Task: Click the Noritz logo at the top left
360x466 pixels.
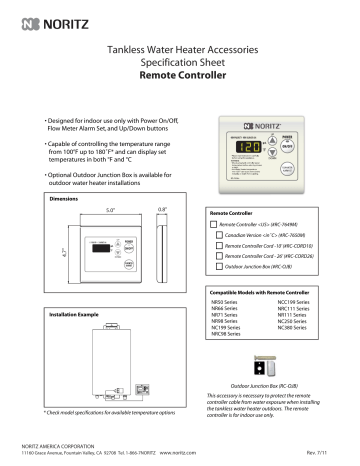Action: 42,17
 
